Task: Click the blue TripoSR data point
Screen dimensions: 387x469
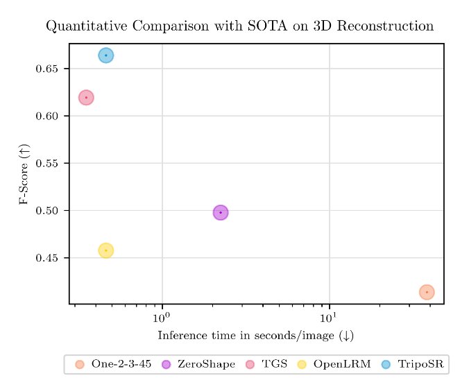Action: click(105, 55)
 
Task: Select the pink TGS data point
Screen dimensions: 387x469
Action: click(86, 98)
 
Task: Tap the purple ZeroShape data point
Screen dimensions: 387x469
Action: click(221, 212)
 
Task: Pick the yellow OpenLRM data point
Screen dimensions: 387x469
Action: click(105, 250)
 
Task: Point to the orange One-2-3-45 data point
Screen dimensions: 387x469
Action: click(427, 292)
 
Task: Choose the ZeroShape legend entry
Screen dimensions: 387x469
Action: click(199, 364)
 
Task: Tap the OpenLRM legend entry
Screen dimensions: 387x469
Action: click(336, 364)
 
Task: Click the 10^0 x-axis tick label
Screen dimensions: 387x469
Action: click(162, 317)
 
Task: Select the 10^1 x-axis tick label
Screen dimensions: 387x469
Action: click(329, 317)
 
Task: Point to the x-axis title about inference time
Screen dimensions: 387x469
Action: click(255, 336)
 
